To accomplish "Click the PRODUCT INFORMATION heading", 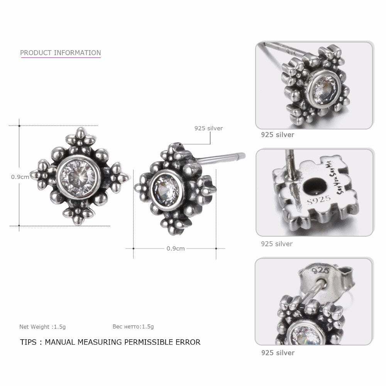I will [60, 52].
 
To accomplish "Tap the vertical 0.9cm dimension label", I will [20, 177].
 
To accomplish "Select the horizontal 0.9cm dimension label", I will [175, 248].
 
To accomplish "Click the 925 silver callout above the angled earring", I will [209, 128].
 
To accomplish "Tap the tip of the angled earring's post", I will [243, 156].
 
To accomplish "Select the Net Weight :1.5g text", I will [42, 327].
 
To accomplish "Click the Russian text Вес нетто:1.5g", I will [133, 327].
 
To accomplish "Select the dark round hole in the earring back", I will [313, 186].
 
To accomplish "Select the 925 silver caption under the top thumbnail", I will [278, 135].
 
